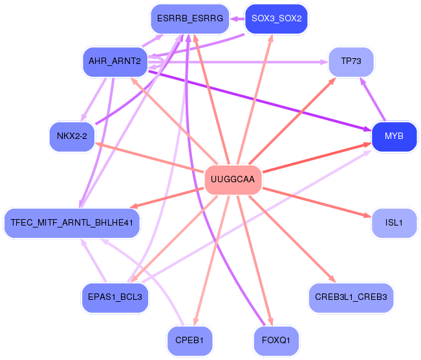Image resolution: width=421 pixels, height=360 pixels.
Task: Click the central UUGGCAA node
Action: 233,179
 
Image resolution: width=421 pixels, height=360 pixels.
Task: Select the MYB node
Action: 394,136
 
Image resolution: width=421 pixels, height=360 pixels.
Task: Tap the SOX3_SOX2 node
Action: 277,19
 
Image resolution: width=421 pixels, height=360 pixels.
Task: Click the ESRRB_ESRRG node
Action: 190,19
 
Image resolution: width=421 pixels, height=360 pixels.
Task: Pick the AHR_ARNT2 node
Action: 115,61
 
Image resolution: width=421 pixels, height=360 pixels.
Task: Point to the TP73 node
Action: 351,61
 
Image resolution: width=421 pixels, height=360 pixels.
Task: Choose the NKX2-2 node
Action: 72,136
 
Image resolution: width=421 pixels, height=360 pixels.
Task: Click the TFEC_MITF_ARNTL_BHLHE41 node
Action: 72,223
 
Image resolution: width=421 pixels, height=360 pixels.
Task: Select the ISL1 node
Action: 394,223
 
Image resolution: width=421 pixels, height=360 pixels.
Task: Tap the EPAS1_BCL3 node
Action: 115,297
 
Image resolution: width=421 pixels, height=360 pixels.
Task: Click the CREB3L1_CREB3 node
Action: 351,297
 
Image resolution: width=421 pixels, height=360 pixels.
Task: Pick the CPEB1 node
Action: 190,341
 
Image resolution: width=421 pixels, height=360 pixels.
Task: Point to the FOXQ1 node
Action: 277,341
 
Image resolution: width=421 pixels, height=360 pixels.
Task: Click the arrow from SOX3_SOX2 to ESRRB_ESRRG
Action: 237,19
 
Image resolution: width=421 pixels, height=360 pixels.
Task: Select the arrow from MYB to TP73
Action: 373,100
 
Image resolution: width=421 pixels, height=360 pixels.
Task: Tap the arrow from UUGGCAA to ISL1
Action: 317,203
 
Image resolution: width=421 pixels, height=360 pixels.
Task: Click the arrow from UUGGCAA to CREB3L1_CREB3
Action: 292,239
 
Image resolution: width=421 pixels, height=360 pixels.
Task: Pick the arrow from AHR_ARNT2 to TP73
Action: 238,62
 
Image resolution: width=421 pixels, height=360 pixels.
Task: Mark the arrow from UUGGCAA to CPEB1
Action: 211,260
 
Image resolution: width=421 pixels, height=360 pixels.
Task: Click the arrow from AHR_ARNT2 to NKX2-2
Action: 94,100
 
